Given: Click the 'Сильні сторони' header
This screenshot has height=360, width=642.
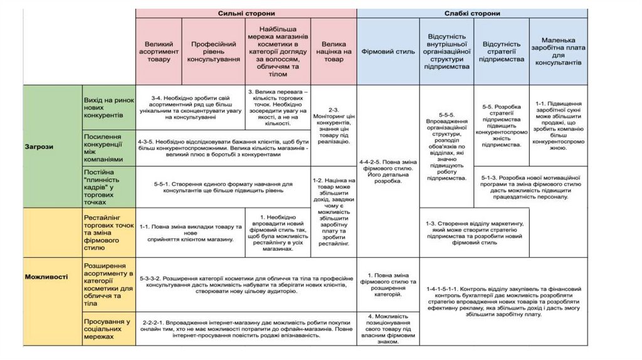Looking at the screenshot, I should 246,13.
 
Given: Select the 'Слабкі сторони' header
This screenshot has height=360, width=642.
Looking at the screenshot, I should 472,13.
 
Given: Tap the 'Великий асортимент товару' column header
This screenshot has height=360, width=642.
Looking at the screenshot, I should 159,51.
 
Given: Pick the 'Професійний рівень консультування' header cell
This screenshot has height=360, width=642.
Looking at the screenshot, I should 213,51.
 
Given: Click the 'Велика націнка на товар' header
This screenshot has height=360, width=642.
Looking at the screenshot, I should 334,51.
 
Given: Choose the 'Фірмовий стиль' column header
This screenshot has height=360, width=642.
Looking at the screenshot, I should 388,51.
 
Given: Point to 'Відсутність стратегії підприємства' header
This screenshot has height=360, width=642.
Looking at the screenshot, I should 502,51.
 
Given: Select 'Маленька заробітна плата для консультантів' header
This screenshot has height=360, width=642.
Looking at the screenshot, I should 558,51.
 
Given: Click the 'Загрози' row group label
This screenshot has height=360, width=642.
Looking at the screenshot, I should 39,146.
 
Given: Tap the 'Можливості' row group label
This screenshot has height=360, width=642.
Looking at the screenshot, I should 46,276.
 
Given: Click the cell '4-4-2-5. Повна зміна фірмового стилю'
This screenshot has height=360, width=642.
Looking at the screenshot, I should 388,171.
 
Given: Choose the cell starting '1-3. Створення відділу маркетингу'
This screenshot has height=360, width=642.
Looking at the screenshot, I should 475,233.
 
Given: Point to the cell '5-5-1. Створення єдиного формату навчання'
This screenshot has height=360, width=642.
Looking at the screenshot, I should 223,187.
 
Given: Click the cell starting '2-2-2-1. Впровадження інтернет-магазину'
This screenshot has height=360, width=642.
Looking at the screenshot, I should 246,327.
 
